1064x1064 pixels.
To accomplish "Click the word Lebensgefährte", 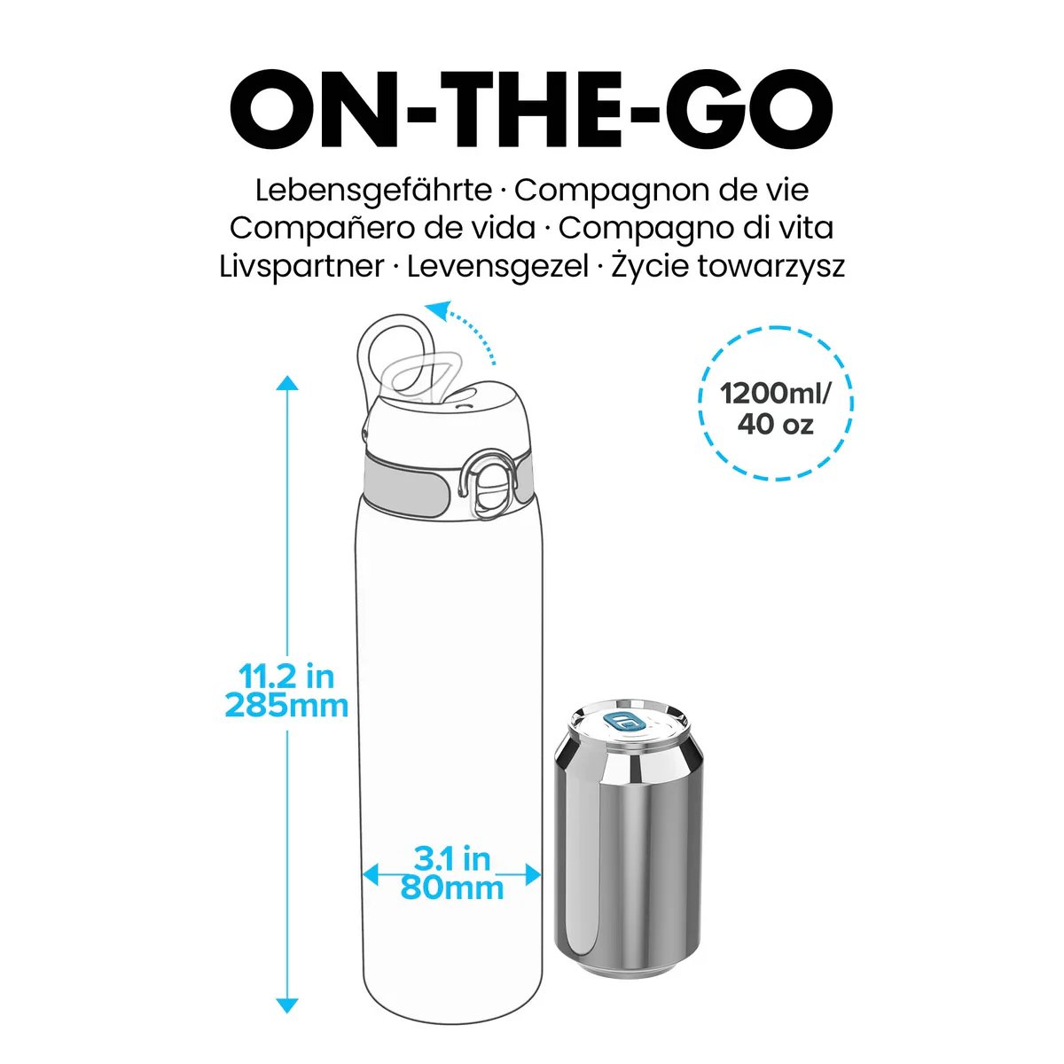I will pyautogui.click(x=373, y=191).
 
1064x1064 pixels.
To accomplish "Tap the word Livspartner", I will pyautogui.click(x=301, y=266).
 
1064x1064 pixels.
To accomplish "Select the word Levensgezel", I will pyautogui.click(x=497, y=266).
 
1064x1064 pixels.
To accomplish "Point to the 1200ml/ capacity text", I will pyautogui.click(x=775, y=393).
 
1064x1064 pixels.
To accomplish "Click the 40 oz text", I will pyautogui.click(x=775, y=424).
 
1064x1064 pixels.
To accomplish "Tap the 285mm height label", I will pyautogui.click(x=286, y=706).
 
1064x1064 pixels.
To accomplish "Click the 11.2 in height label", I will pyautogui.click(x=286, y=677).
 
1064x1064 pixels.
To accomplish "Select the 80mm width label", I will pyautogui.click(x=452, y=888).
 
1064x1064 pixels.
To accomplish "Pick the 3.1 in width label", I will pyautogui.click(x=452, y=858).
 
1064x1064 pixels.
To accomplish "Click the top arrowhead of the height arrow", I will pyautogui.click(x=287, y=383).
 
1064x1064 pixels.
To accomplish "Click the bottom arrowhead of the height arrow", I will pyautogui.click(x=287, y=1005).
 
